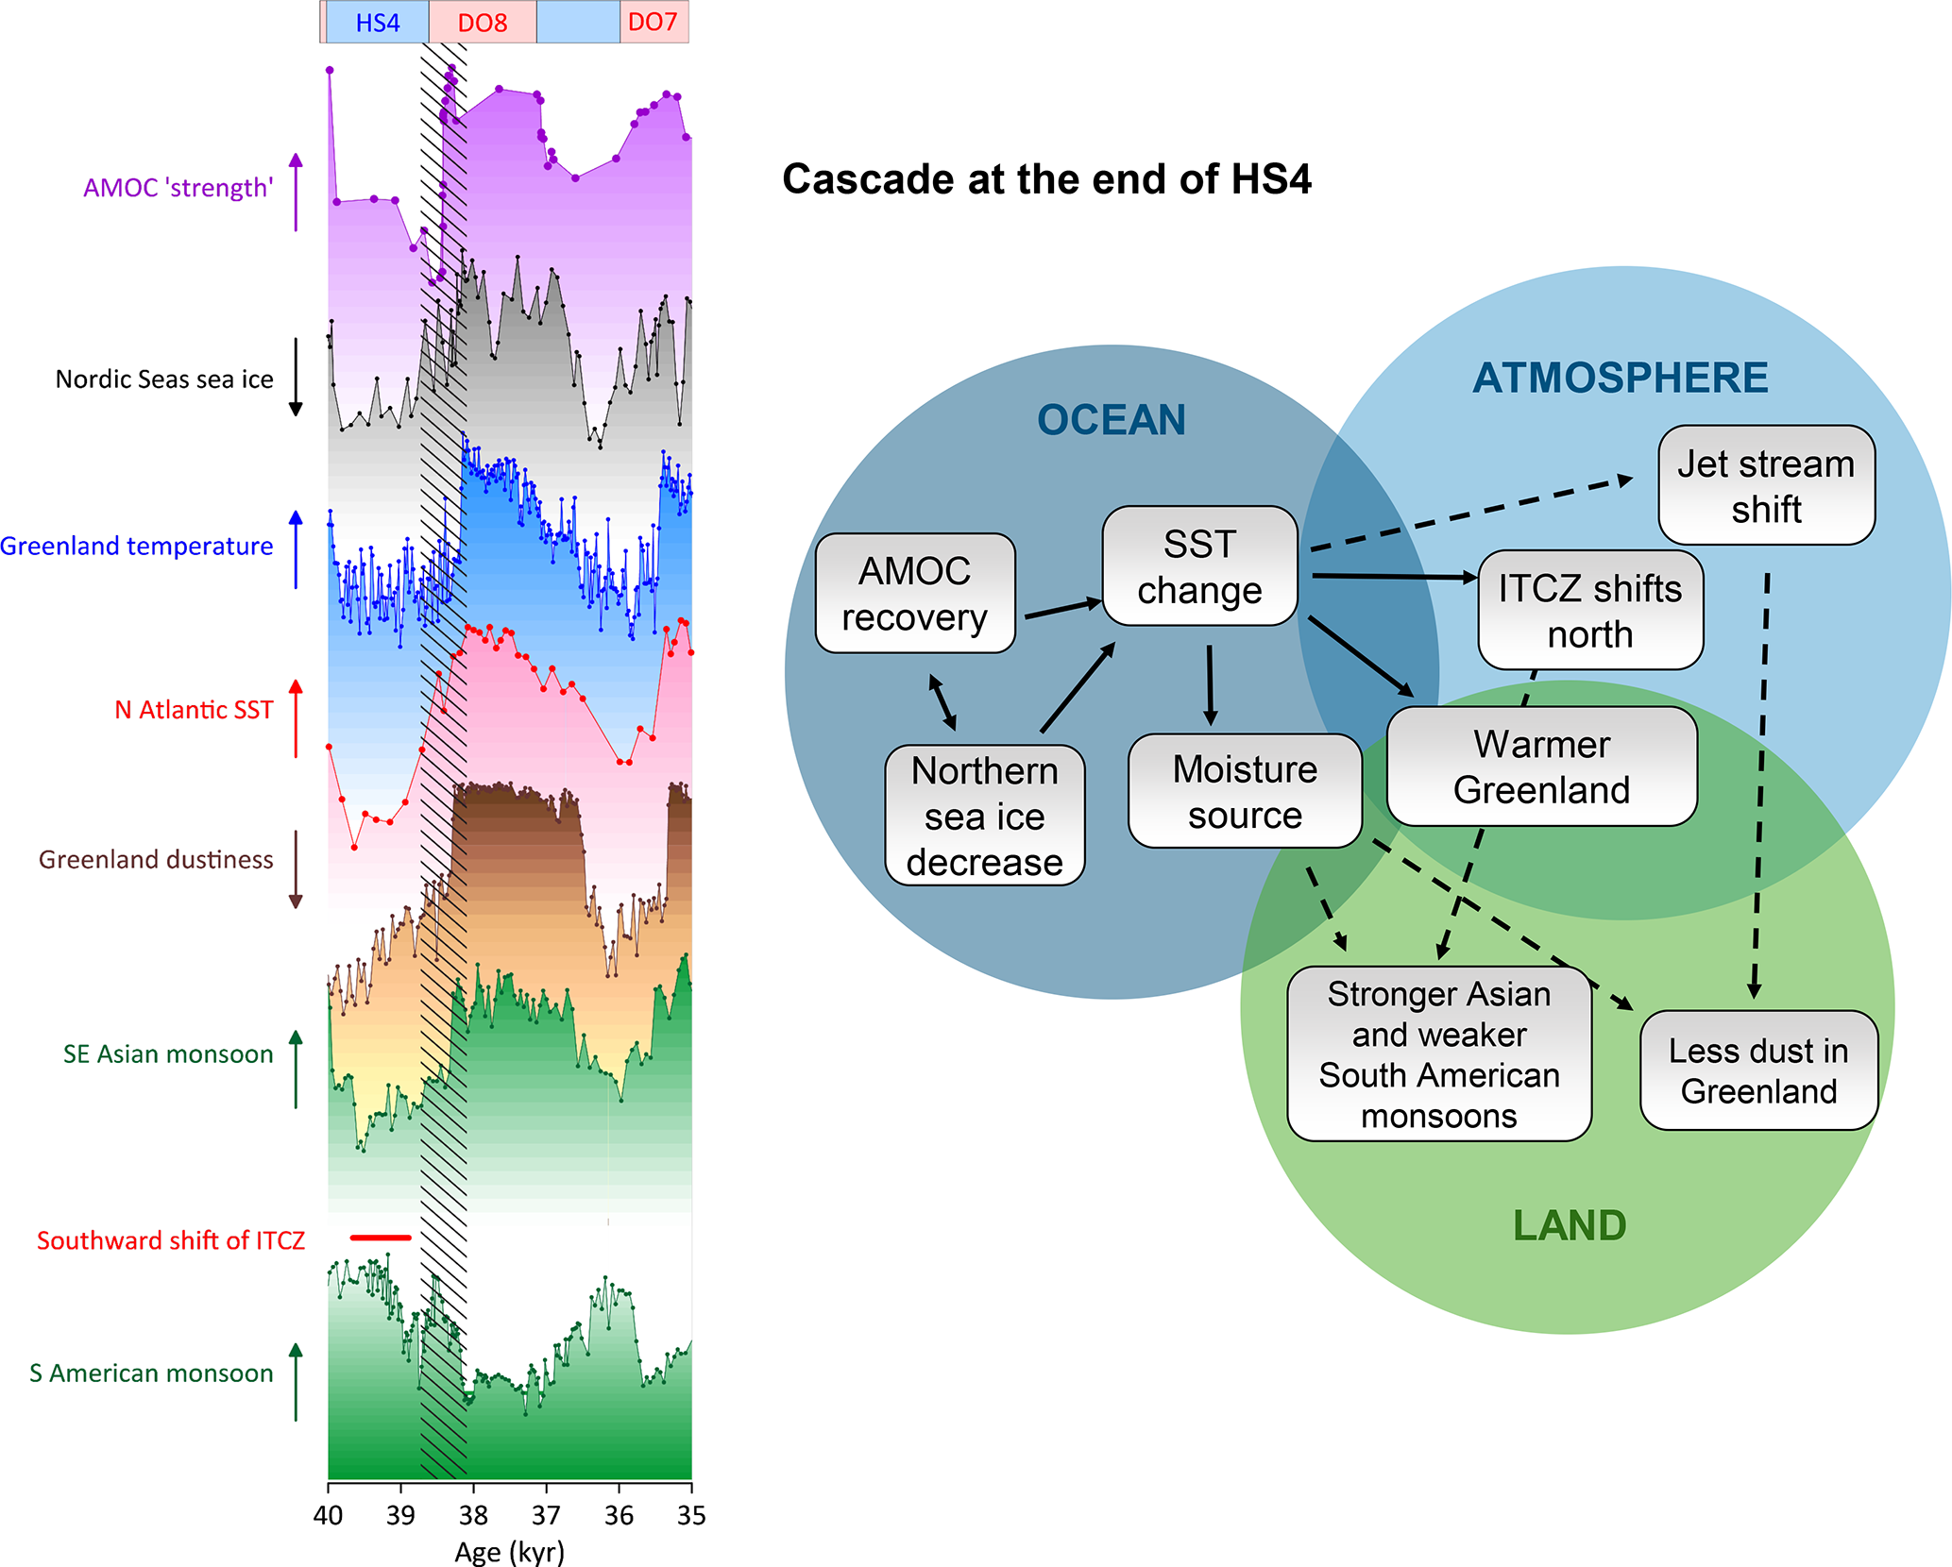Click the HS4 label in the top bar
pos(377,23)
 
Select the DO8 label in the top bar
pos(483,23)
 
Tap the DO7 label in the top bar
pos(653,22)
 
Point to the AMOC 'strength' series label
pos(178,188)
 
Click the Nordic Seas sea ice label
pos(164,379)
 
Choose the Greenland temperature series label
pos(137,547)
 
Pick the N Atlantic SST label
pos(194,710)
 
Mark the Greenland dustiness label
pos(156,860)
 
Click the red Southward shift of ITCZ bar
pos(381,1237)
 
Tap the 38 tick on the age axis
pos(473,1515)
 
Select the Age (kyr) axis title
pos(509,1552)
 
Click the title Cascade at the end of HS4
pos(1046,179)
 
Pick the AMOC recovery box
pos(915,594)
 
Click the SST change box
pos(1199,566)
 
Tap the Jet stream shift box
pos(1766,486)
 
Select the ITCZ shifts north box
pos(1590,611)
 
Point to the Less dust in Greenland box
pos(1758,1070)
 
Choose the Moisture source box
pos(1245,791)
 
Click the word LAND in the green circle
pos(1570,1225)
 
